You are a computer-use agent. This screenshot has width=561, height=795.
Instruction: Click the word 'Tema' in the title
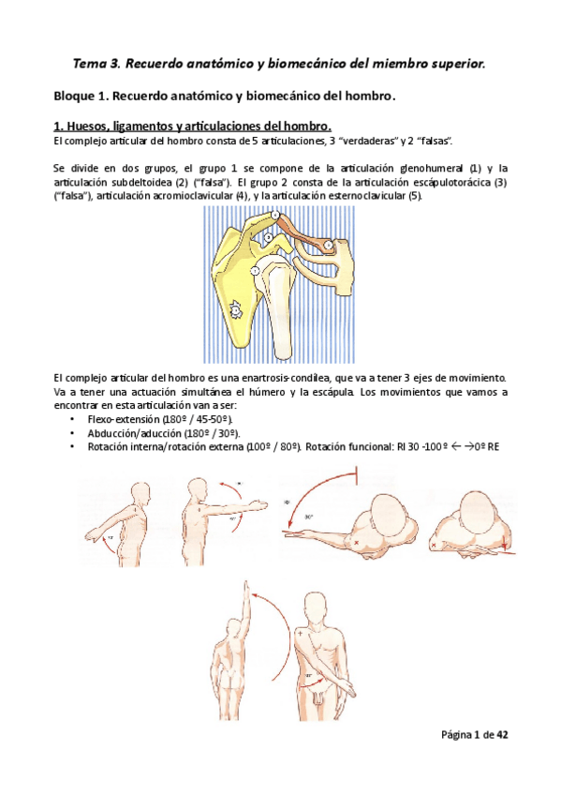coord(91,64)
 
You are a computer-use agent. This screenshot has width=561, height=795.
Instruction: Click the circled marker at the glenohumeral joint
coord(254,271)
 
